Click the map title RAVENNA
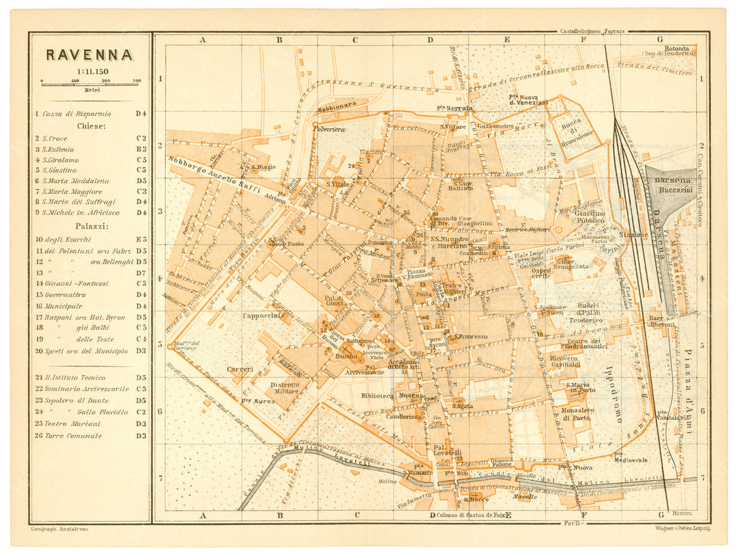[x=89, y=55]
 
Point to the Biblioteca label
[x=376, y=395]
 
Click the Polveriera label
[x=330, y=128]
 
